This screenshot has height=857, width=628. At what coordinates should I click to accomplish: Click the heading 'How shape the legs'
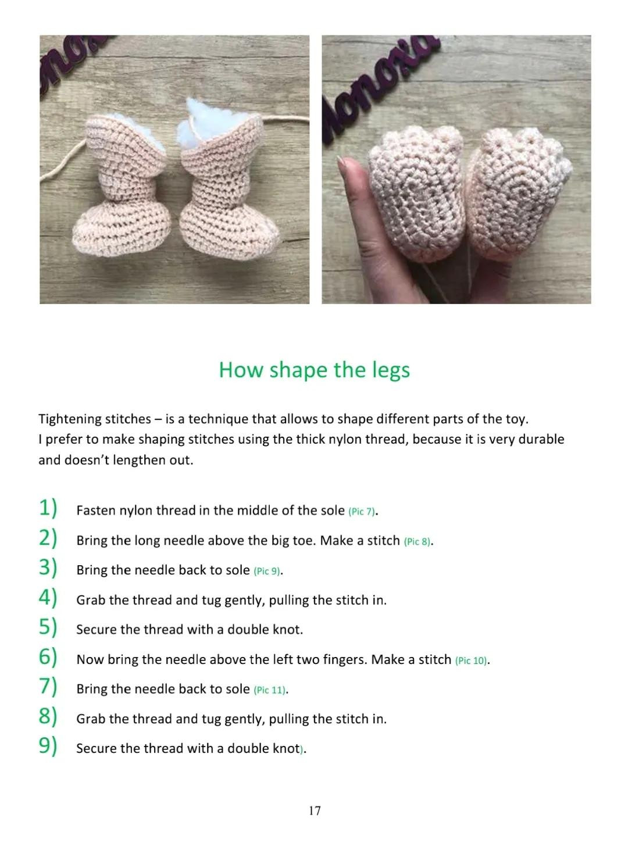coord(314,370)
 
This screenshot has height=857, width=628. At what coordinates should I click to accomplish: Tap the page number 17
coord(314,810)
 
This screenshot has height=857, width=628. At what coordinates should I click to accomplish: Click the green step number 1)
coord(48,508)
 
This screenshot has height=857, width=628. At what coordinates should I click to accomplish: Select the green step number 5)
coord(48,627)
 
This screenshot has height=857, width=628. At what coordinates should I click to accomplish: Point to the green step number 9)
coord(48,746)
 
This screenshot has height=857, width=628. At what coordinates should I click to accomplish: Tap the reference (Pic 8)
coord(417,541)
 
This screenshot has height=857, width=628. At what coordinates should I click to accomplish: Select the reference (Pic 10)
coord(470,660)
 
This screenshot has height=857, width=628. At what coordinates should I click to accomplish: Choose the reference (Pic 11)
coord(270,690)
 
